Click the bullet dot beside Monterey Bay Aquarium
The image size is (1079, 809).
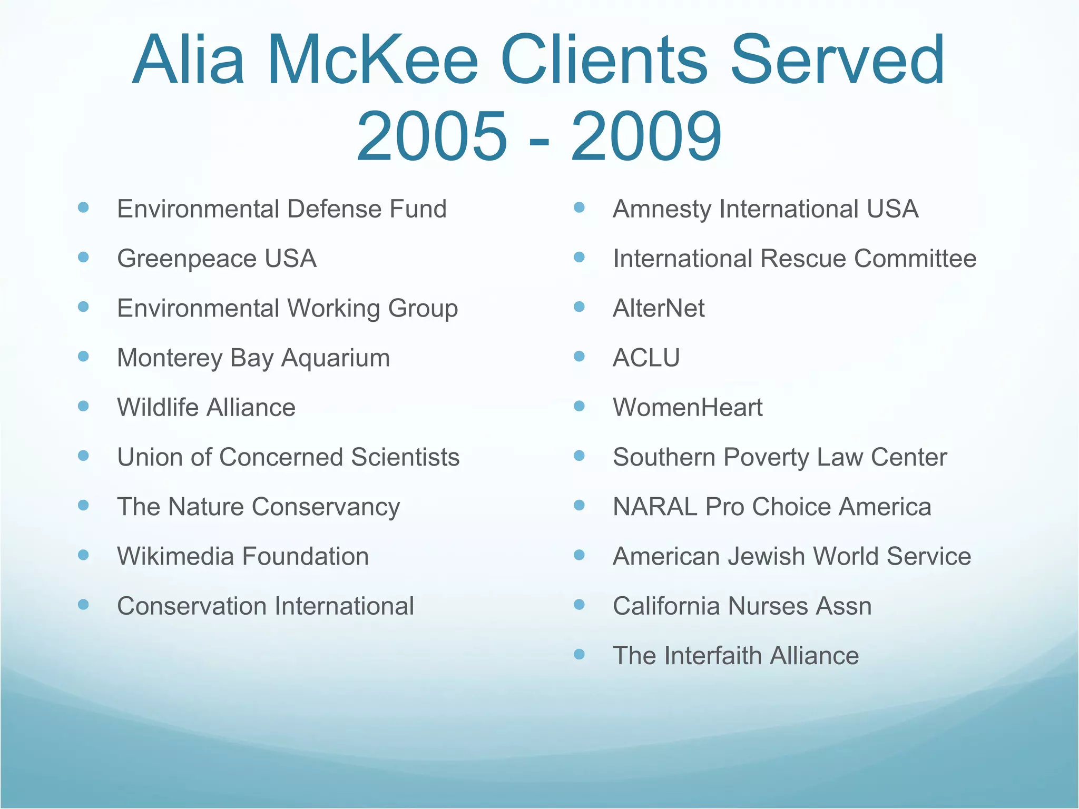click(83, 357)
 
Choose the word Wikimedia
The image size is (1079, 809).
click(175, 557)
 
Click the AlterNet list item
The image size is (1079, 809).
click(659, 309)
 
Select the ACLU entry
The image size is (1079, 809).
click(646, 358)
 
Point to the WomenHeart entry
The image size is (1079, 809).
click(688, 408)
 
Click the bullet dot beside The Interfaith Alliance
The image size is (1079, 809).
click(580, 654)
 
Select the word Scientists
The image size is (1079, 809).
click(405, 457)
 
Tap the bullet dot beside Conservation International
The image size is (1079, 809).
click(83, 605)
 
